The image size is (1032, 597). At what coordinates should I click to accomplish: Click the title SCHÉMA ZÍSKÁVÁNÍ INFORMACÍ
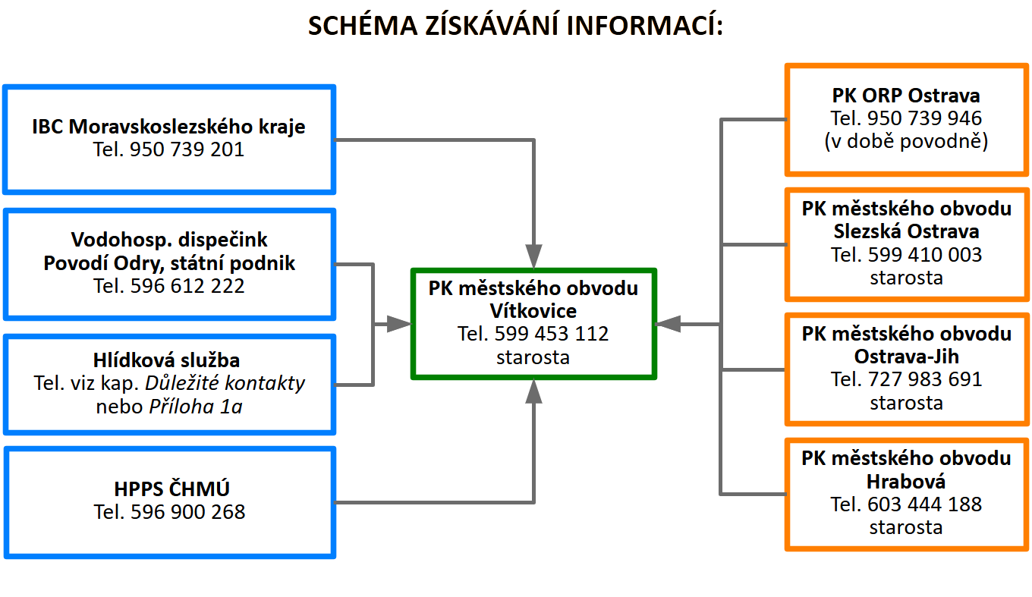point(515,26)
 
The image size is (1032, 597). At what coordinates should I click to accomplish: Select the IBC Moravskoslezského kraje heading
point(169,126)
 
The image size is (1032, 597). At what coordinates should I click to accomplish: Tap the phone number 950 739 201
point(187,149)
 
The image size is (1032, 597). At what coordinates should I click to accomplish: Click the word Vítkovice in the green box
point(533,311)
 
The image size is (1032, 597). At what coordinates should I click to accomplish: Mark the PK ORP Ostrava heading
point(906,96)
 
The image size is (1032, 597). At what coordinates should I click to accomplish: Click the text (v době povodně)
point(906,142)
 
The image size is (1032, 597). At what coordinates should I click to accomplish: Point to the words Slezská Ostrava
point(906,231)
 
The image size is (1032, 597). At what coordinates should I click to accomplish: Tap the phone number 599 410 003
point(925,254)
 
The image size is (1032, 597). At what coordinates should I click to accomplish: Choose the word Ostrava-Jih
point(906,356)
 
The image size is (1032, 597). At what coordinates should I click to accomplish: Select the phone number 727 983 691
point(925,379)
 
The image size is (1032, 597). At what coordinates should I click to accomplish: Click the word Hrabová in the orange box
point(906,481)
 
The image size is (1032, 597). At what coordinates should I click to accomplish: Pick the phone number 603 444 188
point(925,504)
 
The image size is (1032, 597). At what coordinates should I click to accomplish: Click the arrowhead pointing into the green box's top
point(534,256)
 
